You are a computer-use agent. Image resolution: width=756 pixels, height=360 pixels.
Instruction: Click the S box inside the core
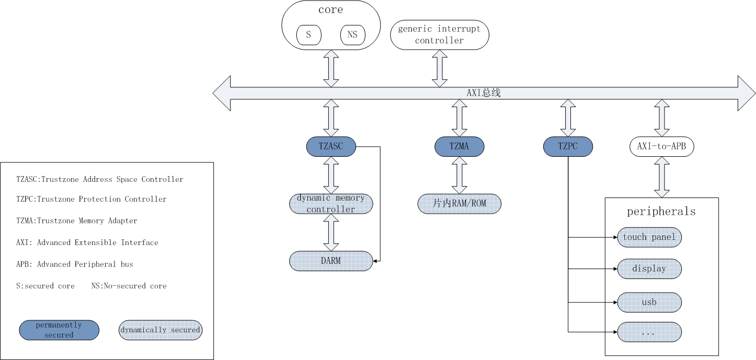click(309, 35)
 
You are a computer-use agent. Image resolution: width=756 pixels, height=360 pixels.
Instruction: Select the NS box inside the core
click(353, 35)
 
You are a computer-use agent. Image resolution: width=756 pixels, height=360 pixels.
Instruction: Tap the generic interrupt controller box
click(439, 35)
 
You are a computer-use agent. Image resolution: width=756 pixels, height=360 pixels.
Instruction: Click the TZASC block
click(331, 146)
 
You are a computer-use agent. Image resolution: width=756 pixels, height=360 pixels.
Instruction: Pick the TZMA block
click(460, 146)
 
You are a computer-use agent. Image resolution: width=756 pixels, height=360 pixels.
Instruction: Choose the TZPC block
click(568, 146)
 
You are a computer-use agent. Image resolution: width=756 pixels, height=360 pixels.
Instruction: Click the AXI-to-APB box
click(662, 146)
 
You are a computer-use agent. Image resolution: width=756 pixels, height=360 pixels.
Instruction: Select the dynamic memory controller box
click(331, 204)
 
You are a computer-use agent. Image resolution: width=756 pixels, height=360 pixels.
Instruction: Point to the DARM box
click(331, 261)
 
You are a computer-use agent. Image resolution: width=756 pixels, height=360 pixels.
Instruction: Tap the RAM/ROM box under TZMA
click(460, 204)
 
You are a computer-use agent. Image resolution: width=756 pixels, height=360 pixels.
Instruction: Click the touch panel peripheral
click(649, 237)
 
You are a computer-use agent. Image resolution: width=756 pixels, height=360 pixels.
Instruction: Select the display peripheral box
click(649, 269)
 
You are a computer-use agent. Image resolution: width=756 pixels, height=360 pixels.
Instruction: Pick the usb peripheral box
click(649, 303)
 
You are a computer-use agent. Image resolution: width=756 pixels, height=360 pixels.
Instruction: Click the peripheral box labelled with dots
click(649, 332)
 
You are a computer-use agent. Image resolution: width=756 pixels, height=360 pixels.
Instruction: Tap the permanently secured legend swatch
click(59, 330)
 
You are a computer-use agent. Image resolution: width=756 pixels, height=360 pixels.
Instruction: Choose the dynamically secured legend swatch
click(161, 330)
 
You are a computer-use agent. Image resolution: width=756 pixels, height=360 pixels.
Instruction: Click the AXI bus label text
click(483, 93)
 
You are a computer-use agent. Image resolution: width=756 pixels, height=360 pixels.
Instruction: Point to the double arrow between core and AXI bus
click(331, 68)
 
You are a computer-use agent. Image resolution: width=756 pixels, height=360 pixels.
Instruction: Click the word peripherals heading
click(661, 212)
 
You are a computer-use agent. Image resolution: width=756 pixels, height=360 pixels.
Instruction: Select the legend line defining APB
click(75, 264)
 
